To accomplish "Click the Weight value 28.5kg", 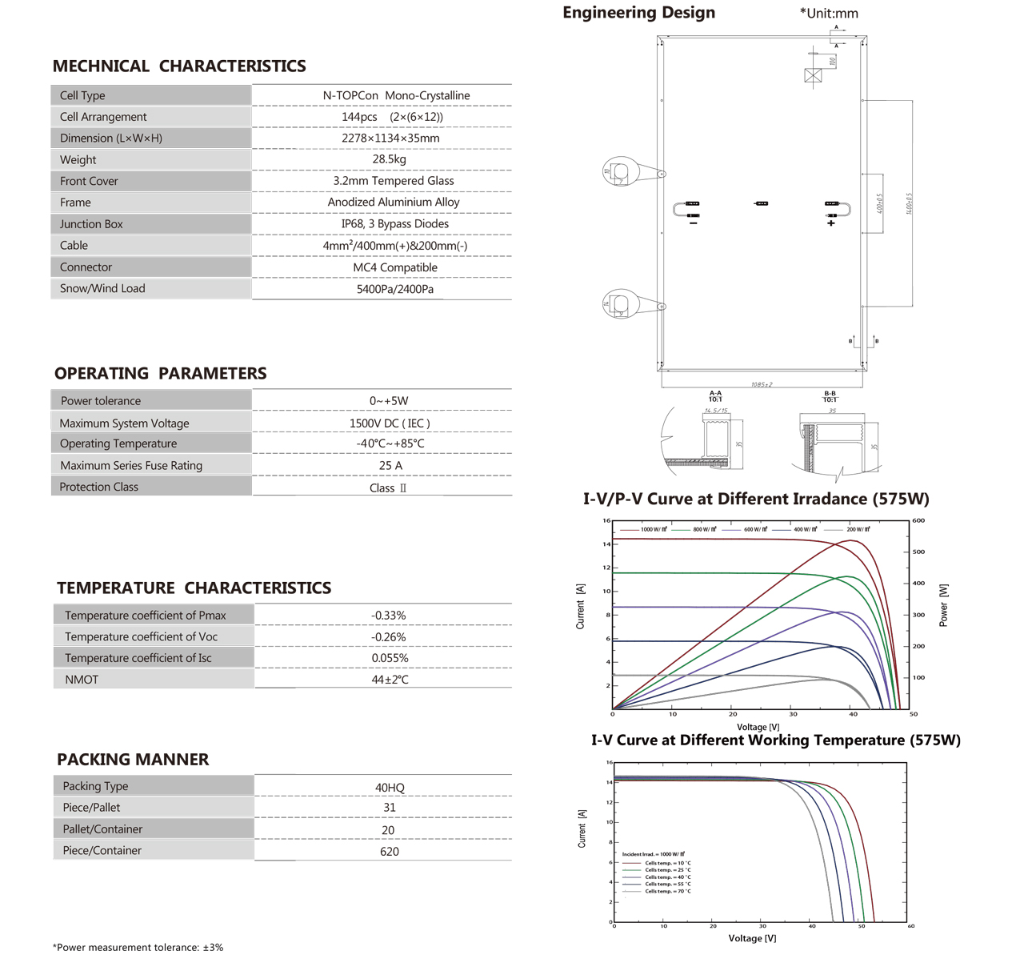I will pos(389,159).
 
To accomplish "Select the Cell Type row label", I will pos(82,95).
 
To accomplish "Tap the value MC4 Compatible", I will pos(395,267).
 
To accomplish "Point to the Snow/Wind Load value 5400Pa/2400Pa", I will pos(395,289).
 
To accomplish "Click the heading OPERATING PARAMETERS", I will pos(160,373).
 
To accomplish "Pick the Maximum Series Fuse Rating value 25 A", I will pos(390,465).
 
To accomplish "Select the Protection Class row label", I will pos(98,487).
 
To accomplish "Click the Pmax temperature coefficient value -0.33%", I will pos(389,616).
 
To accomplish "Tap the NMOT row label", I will pos(82,680).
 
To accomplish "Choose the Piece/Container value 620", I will pos(390,852).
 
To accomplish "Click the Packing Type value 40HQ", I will pos(390,788).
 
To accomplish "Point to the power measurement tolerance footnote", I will pos(138,947).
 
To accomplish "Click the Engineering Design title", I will pos(638,13).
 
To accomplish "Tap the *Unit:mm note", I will pos(829,14).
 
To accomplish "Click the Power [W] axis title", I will pos(943,604).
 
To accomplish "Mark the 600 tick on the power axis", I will pos(918,520).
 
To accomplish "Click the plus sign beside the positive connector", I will pos(831,223).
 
